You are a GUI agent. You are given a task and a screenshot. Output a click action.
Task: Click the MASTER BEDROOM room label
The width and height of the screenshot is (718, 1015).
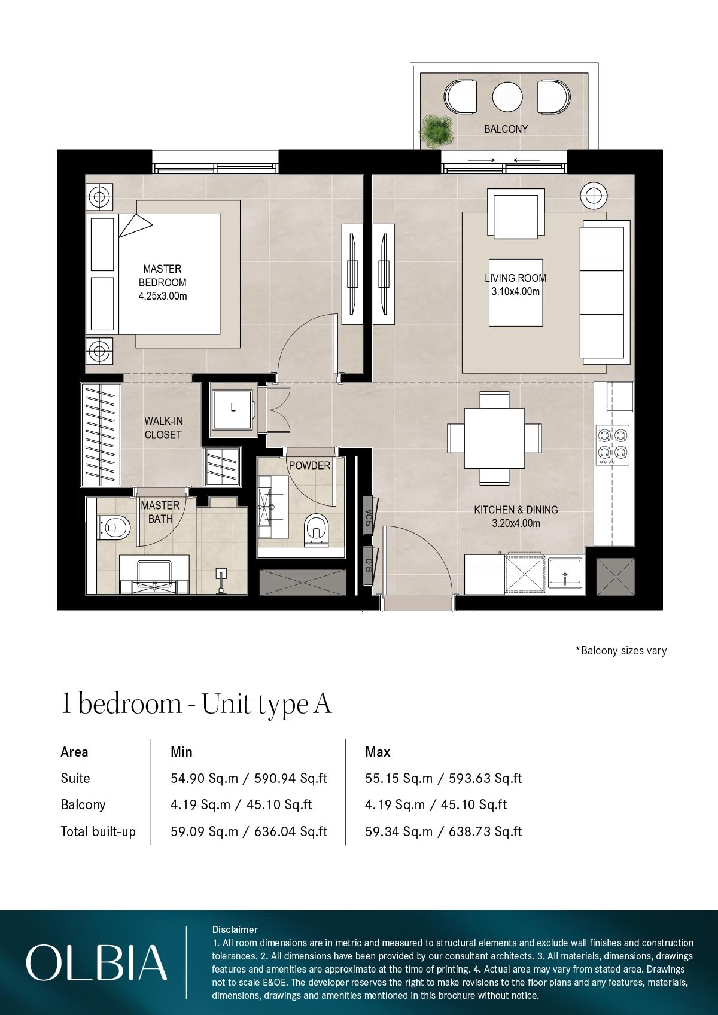(162, 276)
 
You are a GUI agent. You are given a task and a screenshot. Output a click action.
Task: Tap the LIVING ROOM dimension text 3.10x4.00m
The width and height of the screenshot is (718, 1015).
(515, 292)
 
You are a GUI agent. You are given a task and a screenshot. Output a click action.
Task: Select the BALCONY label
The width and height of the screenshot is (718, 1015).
(506, 129)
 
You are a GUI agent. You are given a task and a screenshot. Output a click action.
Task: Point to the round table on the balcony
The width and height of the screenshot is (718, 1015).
(507, 96)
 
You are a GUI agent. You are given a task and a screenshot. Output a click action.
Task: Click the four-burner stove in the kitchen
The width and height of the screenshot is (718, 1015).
(613, 444)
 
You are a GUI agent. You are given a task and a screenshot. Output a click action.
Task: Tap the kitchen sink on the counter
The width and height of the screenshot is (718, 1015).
(565, 575)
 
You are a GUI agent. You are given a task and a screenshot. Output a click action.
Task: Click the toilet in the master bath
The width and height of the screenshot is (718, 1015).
(114, 528)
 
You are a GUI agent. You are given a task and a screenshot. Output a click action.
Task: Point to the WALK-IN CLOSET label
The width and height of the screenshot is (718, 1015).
(163, 428)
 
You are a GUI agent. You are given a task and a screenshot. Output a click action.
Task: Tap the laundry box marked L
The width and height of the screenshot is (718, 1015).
(233, 409)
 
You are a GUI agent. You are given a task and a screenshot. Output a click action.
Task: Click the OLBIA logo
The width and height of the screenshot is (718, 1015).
(96, 962)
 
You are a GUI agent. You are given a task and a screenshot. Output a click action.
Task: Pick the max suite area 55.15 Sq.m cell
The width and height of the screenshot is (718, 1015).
(443, 778)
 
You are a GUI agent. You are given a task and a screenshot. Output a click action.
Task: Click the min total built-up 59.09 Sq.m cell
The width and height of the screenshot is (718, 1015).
(248, 831)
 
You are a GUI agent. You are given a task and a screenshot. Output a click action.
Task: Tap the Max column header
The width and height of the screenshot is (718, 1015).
(378, 752)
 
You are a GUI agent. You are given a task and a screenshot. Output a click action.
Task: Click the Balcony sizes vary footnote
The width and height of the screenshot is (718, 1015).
(620, 650)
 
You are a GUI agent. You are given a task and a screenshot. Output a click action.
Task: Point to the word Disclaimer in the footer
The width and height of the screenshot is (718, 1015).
(235, 929)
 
